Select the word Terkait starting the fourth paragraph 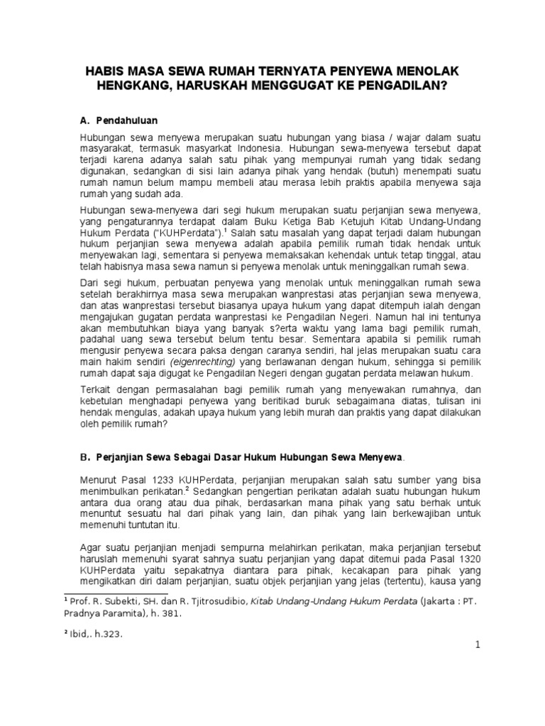(95, 391)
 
